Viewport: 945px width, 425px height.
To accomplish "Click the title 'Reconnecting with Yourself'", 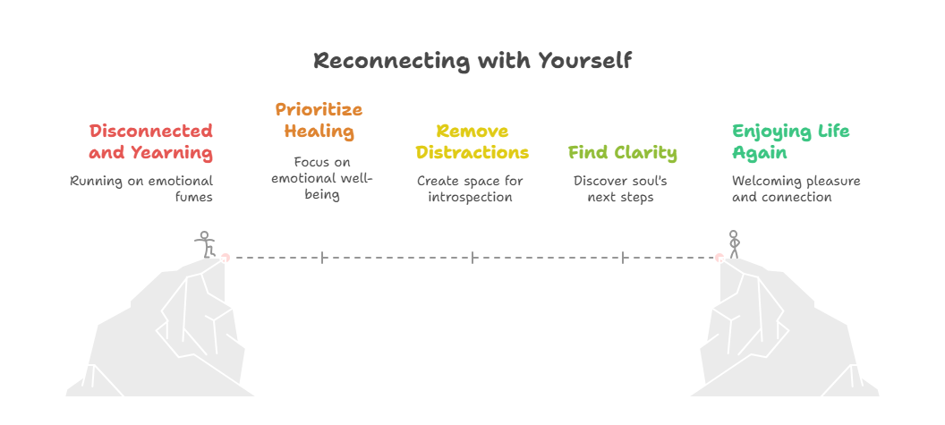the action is click(472, 61).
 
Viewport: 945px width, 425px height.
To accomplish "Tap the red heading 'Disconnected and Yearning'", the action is click(150, 141).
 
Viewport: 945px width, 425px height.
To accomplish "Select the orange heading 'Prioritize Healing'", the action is click(319, 120).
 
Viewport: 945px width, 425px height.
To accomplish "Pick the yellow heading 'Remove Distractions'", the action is click(472, 141).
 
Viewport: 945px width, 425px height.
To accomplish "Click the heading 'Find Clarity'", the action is click(623, 152).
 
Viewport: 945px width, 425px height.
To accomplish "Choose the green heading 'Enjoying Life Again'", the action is click(790, 141).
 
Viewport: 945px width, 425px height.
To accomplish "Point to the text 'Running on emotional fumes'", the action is click(141, 189).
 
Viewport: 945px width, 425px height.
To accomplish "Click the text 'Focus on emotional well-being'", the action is click(321, 178).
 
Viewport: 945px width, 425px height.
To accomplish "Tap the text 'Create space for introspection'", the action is click(470, 189).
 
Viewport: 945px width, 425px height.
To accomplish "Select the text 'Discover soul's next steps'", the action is click(620, 189).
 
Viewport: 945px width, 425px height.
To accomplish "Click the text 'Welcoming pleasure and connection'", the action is click(796, 189).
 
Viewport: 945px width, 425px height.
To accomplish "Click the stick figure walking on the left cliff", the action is click(205, 244).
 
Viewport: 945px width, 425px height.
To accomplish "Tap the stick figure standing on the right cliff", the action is click(734, 244).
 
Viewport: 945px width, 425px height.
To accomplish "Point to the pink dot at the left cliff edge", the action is click(225, 258).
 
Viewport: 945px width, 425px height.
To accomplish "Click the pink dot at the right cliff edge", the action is click(719, 258).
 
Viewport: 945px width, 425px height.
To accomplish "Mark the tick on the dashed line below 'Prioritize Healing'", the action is click(322, 258).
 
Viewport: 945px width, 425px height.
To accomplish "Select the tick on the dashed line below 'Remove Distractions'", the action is click(472, 258).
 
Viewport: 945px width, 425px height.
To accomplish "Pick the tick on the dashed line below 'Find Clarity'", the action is click(623, 258).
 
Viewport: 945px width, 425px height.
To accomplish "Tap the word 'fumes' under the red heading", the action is click(194, 197).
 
